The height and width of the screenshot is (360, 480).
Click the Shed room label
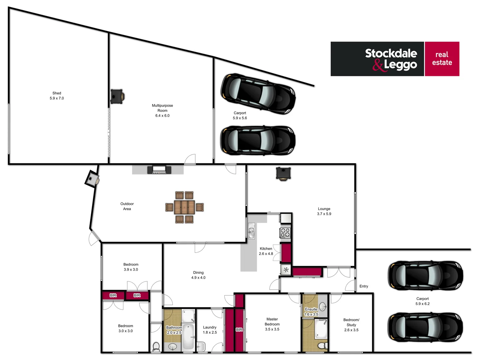click(x=57, y=96)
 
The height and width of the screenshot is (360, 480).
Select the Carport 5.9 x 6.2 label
click(x=422, y=301)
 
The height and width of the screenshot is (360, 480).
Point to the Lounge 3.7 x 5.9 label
click(x=324, y=211)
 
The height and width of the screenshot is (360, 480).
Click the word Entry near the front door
click(x=364, y=286)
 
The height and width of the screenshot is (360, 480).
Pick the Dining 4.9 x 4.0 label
click(x=198, y=275)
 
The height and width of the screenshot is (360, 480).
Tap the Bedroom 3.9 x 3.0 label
click(x=131, y=267)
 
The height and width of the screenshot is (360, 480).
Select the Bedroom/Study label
click(x=351, y=325)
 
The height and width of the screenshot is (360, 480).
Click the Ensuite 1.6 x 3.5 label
click(x=311, y=312)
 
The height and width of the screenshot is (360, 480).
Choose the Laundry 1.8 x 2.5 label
click(x=210, y=330)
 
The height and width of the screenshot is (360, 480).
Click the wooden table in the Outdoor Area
click(x=184, y=207)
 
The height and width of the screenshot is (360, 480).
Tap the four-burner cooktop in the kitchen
click(x=285, y=232)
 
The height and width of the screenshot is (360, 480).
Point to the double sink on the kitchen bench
click(x=251, y=231)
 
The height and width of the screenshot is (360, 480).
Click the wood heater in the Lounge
click(x=283, y=174)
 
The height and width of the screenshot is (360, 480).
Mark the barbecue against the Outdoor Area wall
click(x=159, y=170)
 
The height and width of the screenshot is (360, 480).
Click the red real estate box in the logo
click(x=442, y=59)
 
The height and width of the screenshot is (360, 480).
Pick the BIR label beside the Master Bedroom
click(x=239, y=330)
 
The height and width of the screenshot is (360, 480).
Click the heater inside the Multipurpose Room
click(x=117, y=96)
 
